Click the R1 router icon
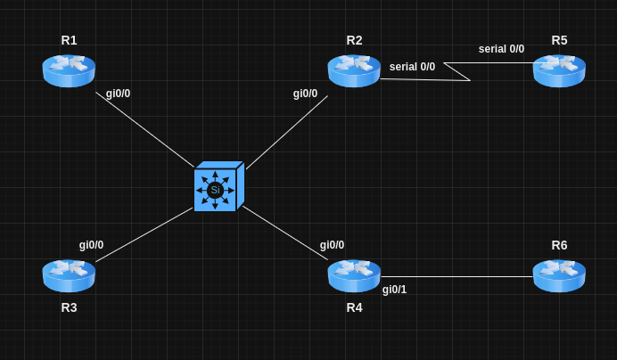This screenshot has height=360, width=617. (69, 70)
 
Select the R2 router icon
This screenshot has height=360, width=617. (354, 70)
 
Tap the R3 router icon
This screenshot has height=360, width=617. (69, 275)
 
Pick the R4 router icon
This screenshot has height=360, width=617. (354, 275)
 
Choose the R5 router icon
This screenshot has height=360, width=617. (559, 70)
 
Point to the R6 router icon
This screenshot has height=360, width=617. (559, 275)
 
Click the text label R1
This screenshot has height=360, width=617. (69, 40)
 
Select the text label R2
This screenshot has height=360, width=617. (354, 40)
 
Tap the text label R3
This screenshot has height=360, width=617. (69, 307)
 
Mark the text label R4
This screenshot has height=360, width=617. (354, 307)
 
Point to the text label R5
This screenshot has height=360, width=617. (559, 40)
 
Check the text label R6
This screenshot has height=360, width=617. (559, 245)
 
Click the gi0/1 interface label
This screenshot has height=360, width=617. (394, 290)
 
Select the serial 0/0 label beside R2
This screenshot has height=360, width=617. (412, 67)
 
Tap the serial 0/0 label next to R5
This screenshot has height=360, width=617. (501, 49)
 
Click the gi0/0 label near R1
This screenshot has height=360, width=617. (118, 94)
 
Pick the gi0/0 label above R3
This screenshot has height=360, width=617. (91, 245)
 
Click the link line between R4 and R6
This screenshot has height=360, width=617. (457, 276)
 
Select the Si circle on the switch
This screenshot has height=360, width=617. (215, 190)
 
